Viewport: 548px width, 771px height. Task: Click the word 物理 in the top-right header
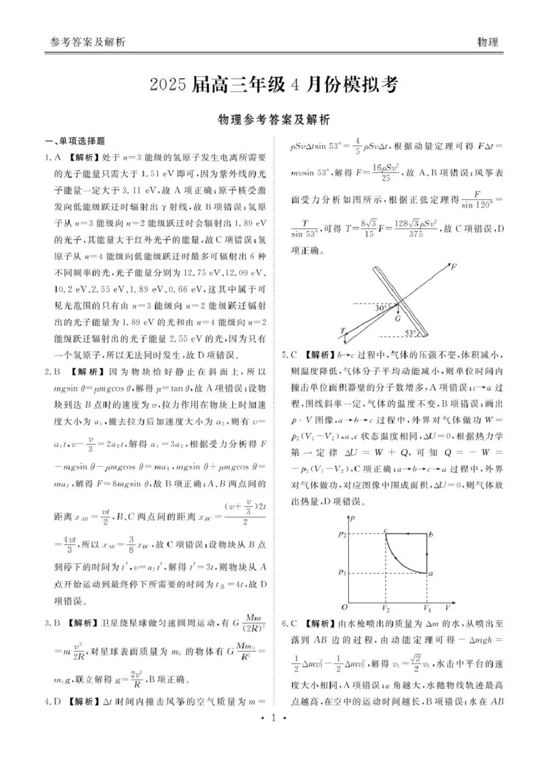pos(487,42)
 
